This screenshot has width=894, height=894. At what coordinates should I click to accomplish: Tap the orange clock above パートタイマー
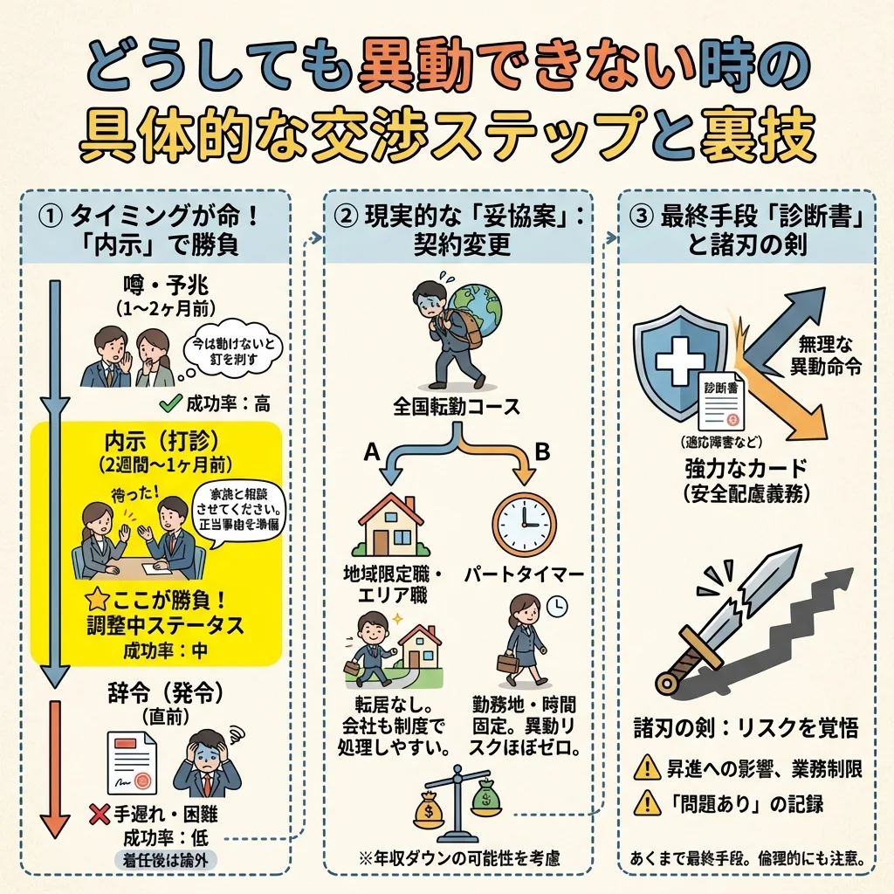(523, 524)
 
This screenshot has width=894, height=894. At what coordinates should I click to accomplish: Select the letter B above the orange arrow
(541, 453)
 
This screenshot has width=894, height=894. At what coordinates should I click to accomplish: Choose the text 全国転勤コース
(457, 407)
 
